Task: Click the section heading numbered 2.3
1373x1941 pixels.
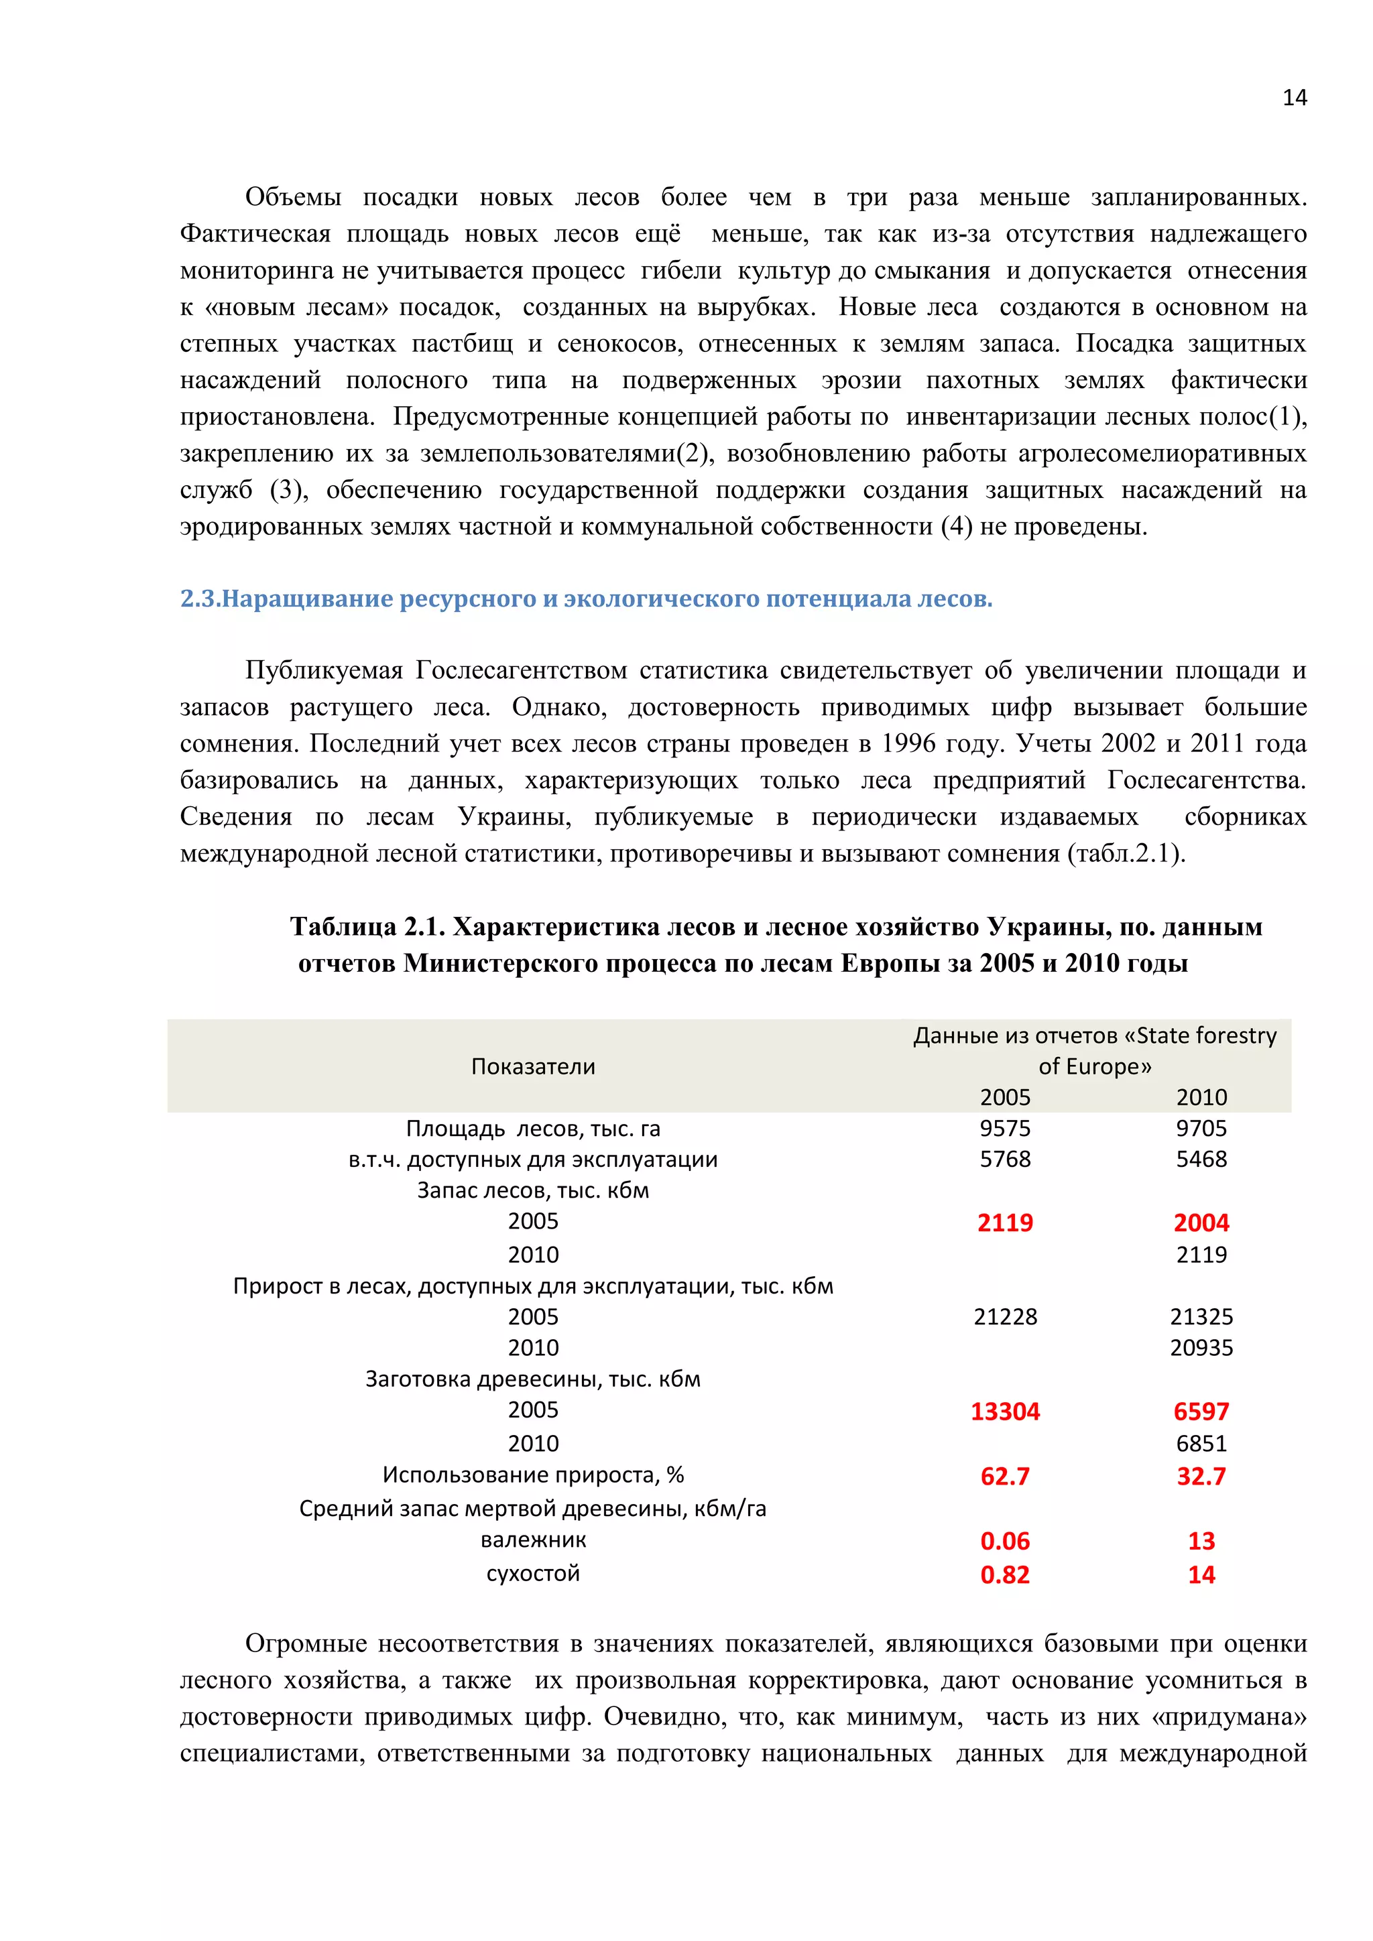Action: tap(586, 599)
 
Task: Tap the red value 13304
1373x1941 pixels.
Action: tap(1004, 1411)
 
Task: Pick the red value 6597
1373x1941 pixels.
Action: tap(1201, 1411)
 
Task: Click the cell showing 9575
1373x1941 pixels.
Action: tap(1004, 1128)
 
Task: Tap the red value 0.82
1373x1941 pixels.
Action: tap(1004, 1575)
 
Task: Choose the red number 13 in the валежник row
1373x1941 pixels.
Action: tap(1201, 1541)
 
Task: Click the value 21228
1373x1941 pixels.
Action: tap(1004, 1316)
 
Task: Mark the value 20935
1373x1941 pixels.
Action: tap(1201, 1348)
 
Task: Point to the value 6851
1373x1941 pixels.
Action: tap(1201, 1443)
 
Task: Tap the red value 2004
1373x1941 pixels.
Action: tap(1201, 1223)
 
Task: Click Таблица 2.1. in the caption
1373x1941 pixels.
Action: tap(367, 928)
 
